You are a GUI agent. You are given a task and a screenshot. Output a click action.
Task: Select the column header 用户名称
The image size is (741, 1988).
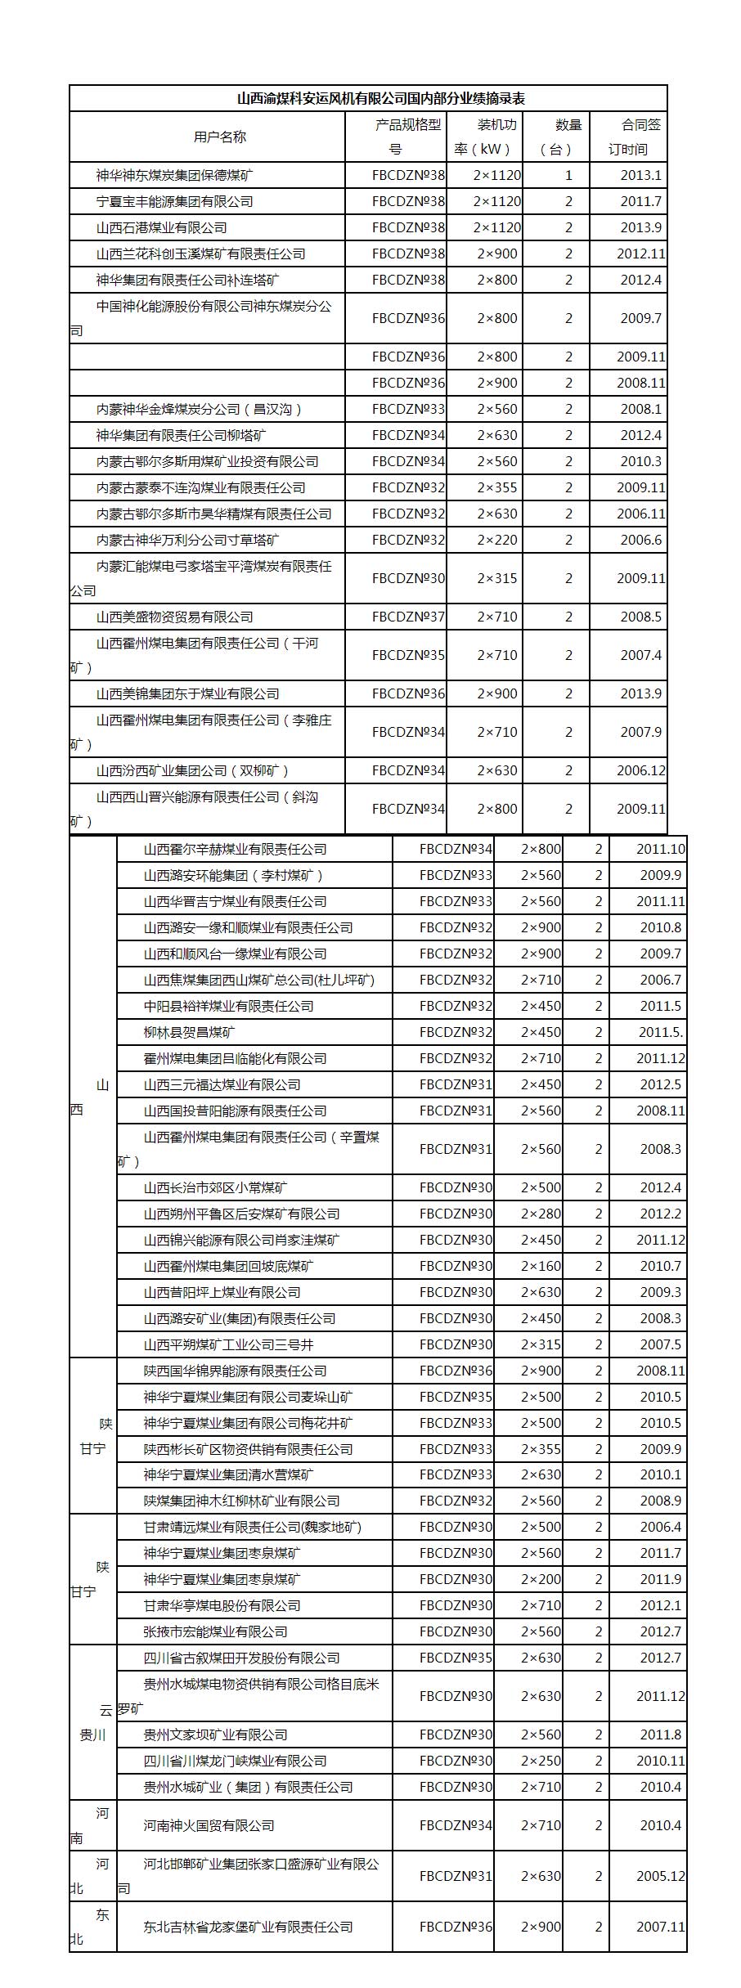220,137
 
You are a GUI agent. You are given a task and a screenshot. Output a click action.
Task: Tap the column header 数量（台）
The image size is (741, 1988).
568,137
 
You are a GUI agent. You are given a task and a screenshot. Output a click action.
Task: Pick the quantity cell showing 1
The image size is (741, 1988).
568,175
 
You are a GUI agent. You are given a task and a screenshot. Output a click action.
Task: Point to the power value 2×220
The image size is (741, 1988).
497,540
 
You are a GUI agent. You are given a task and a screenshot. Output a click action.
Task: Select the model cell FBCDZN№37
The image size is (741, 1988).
408,617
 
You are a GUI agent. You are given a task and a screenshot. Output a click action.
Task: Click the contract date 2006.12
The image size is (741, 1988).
640,770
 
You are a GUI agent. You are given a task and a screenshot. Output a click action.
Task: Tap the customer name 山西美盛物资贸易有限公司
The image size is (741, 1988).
175,617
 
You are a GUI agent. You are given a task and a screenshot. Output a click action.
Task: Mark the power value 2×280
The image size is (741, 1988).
541,1214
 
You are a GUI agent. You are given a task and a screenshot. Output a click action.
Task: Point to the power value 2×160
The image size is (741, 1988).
541,1266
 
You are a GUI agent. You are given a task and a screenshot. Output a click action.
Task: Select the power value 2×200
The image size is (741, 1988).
541,1579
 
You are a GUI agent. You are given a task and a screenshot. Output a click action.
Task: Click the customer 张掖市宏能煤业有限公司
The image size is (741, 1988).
215,1631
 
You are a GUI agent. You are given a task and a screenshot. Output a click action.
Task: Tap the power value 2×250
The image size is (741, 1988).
541,1761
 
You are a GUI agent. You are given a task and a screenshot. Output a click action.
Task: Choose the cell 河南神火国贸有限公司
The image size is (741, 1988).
209,1825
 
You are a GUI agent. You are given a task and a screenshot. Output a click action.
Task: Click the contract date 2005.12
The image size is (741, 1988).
660,1876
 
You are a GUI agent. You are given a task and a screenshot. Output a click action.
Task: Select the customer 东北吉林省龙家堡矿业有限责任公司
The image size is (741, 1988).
248,1927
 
